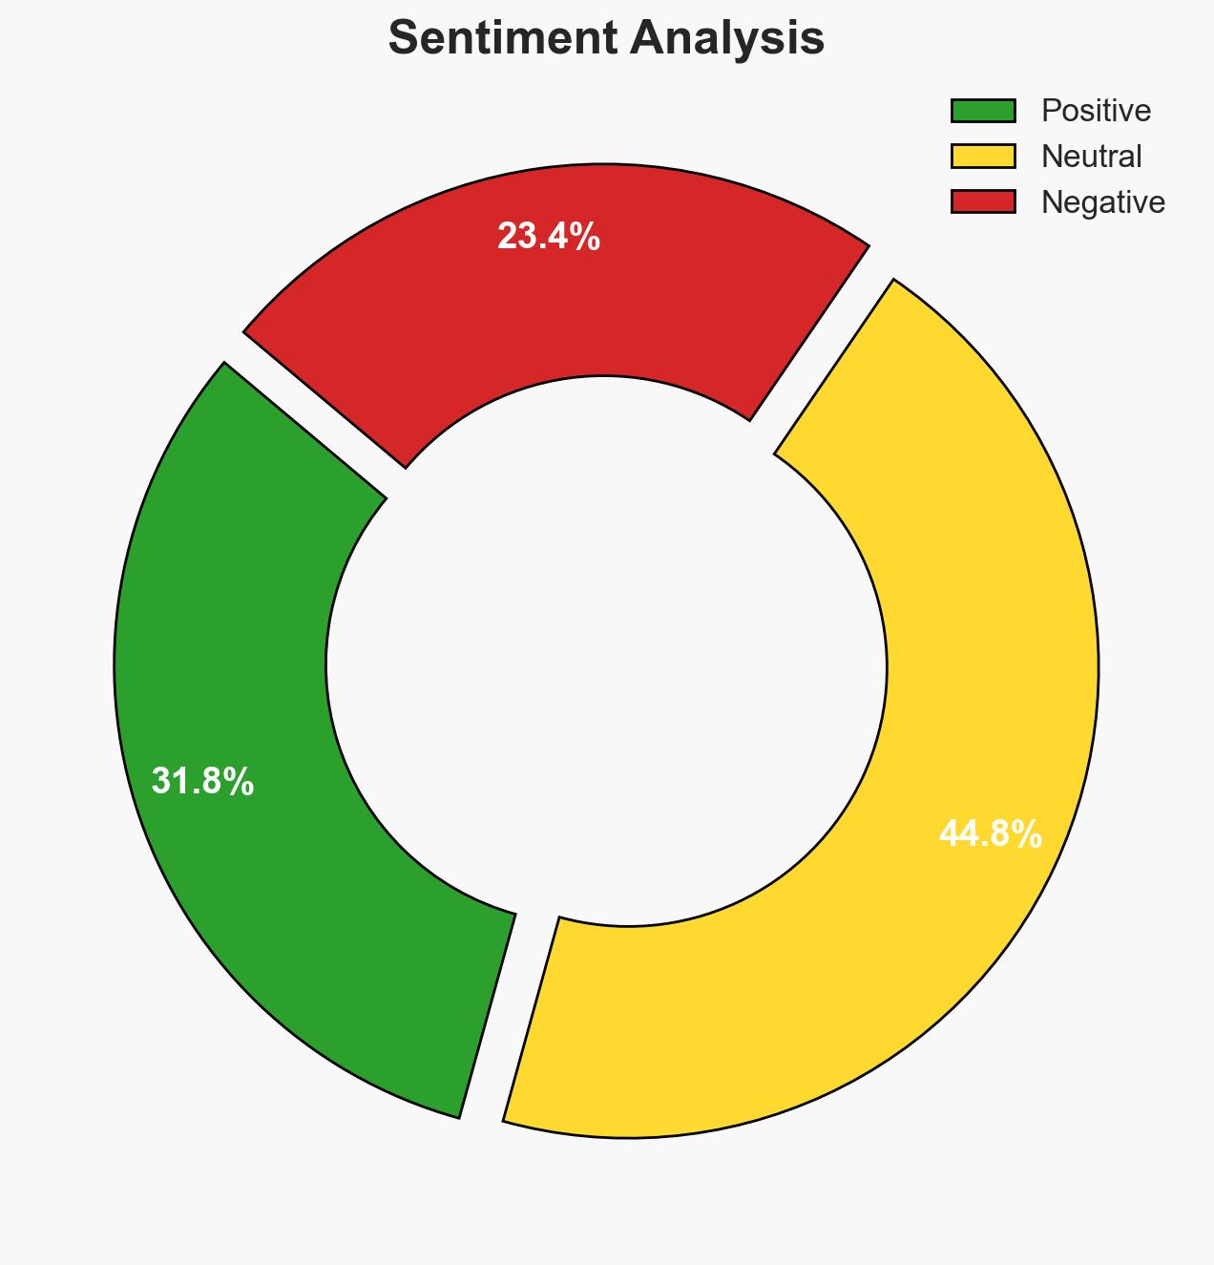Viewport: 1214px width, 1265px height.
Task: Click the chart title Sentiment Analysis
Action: (606, 39)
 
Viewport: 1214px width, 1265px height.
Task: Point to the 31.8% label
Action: (202, 782)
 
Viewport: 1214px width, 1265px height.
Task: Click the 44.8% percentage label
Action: (990, 834)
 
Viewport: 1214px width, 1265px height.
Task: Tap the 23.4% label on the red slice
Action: (549, 236)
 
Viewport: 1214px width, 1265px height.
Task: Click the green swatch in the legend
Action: (982, 111)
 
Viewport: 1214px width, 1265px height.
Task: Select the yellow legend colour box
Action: (982, 156)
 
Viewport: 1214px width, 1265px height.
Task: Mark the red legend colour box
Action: (982, 201)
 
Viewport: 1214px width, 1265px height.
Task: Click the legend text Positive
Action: (1096, 111)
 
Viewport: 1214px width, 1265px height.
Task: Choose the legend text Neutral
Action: (1091, 156)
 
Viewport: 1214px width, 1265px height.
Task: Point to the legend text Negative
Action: (1103, 201)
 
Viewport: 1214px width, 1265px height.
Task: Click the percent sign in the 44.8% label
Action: (1027, 834)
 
